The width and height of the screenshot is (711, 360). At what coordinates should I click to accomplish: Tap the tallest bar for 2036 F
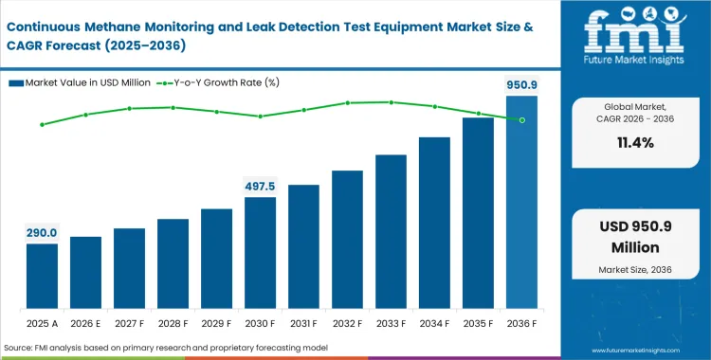521,203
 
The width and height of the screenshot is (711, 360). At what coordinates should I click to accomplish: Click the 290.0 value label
42,232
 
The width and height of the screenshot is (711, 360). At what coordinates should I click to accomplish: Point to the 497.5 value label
260,186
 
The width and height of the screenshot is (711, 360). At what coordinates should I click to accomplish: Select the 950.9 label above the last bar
520,84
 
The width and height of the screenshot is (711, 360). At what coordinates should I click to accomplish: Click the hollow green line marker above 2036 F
521,119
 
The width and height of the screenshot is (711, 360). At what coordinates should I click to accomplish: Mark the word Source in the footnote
23,349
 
